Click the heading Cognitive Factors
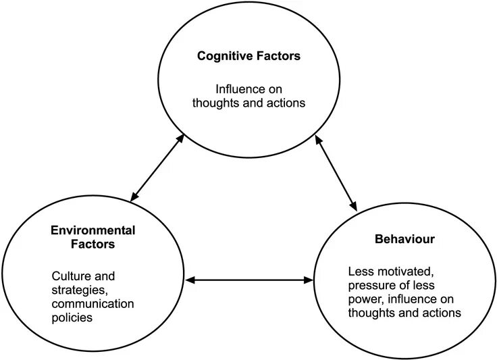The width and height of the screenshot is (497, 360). tap(248, 56)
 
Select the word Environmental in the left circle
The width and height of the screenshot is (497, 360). tap(93, 231)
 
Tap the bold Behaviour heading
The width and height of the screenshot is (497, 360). tap(404, 239)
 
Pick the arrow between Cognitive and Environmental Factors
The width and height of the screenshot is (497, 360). tap(157, 168)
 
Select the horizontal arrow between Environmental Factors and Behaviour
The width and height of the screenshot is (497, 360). tap(251, 278)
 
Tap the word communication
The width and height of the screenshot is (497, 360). tap(93, 303)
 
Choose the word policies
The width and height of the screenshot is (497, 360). tap(72, 317)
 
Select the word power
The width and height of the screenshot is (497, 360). tap(363, 299)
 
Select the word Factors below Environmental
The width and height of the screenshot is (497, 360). tap(93, 244)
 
